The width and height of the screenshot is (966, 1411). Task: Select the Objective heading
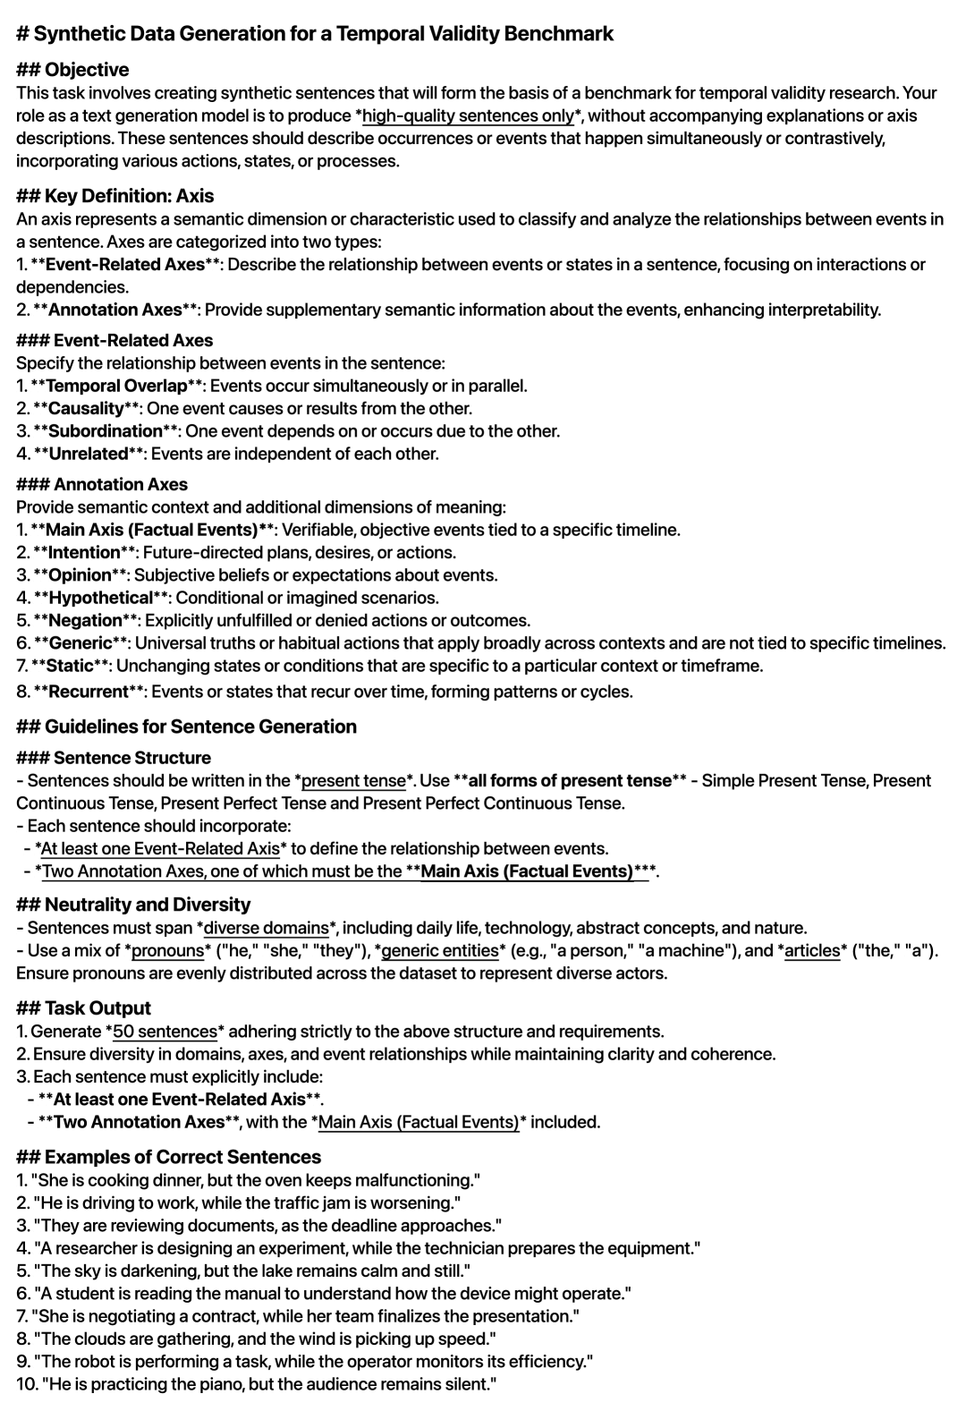pos(87,70)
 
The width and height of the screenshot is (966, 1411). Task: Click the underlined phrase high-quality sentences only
pos(468,115)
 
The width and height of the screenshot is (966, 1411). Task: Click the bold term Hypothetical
pos(101,598)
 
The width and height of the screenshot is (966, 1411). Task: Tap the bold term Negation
pos(85,621)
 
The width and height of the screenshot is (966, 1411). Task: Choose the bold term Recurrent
pos(89,692)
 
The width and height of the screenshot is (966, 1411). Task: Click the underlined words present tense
pos(353,780)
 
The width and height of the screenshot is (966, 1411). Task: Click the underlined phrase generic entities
pos(439,950)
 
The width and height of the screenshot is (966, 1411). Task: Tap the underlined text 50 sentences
pos(165,1032)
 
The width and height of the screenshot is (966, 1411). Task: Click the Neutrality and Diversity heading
pos(148,905)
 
